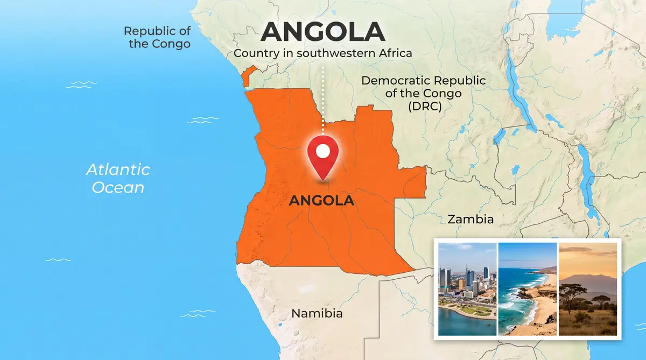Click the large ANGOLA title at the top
[x=322, y=33]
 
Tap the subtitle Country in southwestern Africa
[x=322, y=53]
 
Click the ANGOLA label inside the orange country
[x=321, y=201]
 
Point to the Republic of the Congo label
[x=157, y=37]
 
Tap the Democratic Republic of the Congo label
[x=423, y=93]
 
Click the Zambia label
[x=471, y=220]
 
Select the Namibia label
[x=317, y=313]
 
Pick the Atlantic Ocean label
[x=118, y=179]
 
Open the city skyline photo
[x=467, y=288]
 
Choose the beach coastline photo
[x=528, y=288]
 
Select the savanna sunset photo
[x=588, y=288]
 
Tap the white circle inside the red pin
[x=322, y=151]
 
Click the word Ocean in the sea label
[x=118, y=187]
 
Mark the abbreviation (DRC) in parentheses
[x=424, y=106]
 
